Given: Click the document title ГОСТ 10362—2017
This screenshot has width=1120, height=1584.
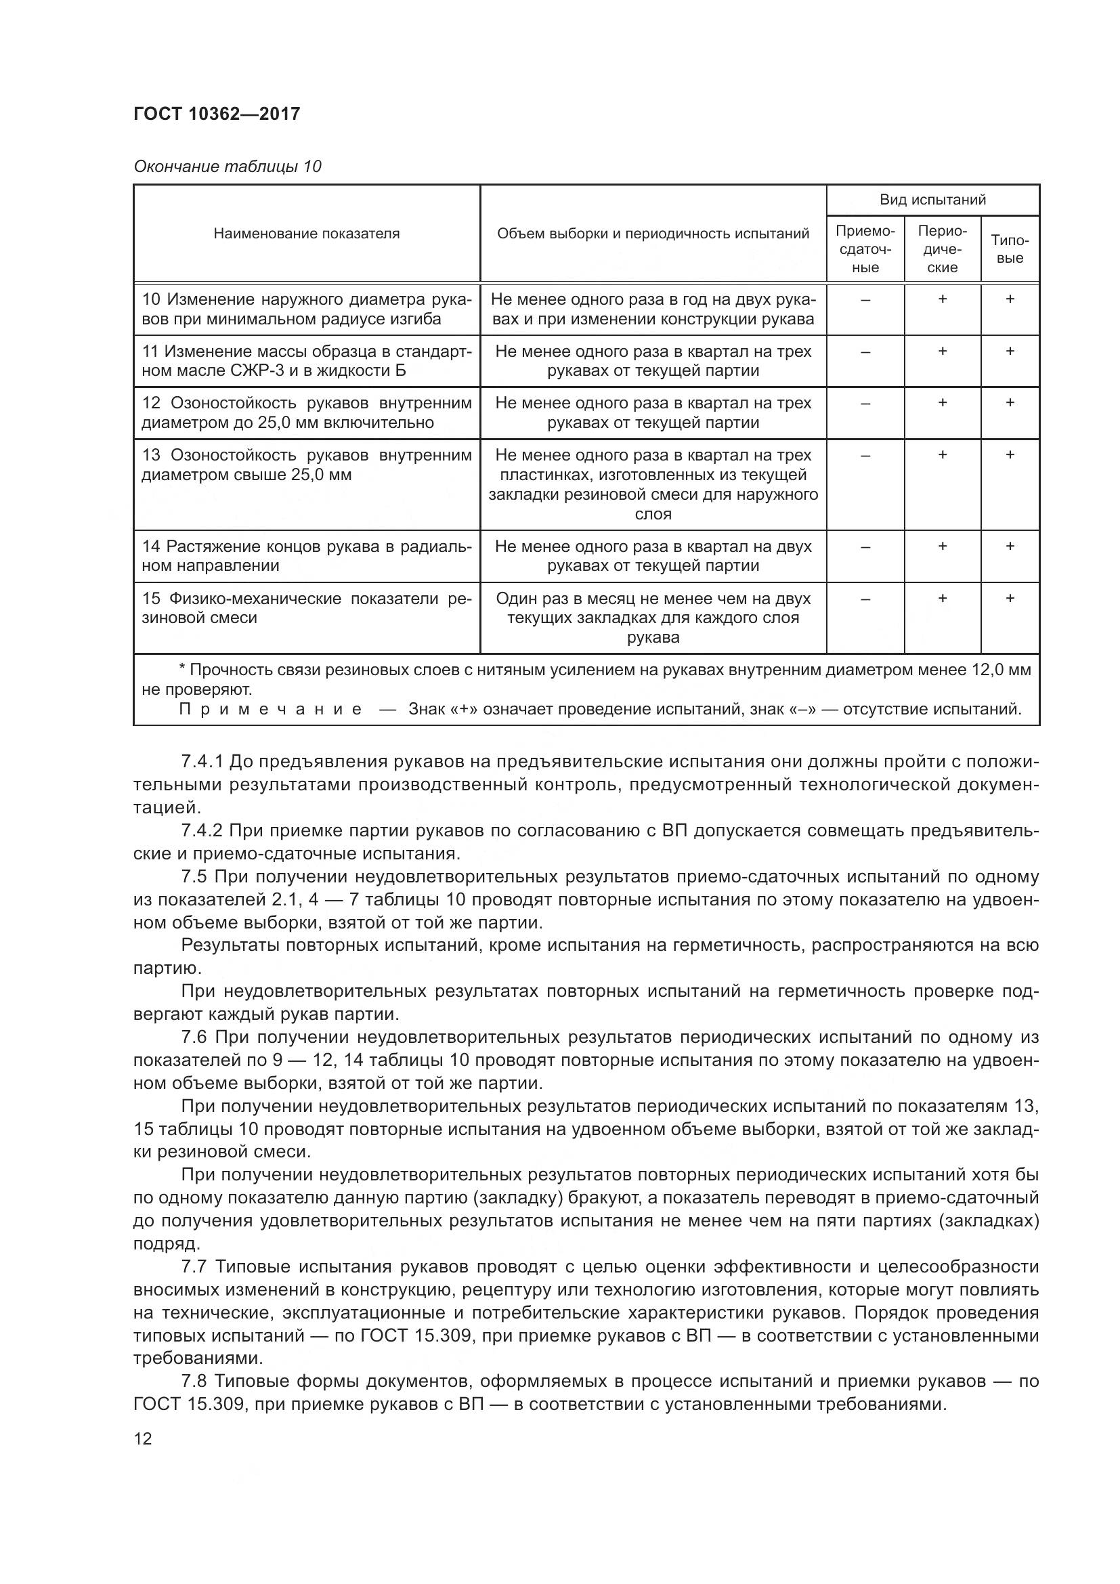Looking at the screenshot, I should [217, 114].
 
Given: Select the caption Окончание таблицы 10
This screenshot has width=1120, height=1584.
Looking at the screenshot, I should [227, 167].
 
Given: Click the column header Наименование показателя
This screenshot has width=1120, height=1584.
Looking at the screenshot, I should [306, 233].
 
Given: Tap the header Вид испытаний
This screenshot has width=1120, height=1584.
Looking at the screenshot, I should [932, 200].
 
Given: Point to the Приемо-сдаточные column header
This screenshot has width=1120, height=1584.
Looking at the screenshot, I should [865, 249].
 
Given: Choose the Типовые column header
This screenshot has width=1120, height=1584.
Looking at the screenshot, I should [1010, 249].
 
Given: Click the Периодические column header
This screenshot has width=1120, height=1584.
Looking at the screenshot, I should [942, 249].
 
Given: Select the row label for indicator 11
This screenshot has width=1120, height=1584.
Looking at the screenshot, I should [306, 361].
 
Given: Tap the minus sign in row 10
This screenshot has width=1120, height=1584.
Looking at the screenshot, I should [865, 299].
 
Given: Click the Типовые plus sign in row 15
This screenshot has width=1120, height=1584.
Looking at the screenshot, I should [1010, 598].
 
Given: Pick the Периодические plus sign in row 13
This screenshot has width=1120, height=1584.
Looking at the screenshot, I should [942, 454].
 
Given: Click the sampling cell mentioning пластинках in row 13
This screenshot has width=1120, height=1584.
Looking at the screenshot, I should [652, 484].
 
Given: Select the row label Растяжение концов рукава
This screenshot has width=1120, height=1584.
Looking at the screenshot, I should [306, 556].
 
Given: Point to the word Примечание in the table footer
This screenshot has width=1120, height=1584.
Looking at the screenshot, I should [270, 709].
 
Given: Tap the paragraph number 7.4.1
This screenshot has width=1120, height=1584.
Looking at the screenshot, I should [202, 762].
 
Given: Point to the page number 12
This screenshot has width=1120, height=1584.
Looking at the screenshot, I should [143, 1438].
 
